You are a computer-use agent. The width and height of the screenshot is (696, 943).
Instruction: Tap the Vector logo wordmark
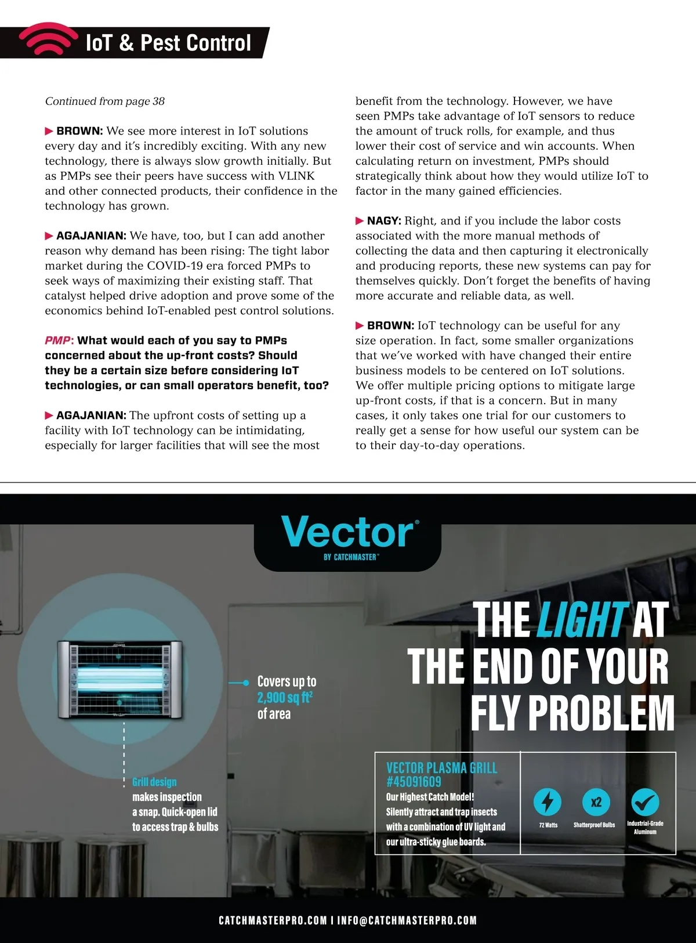coord(348,532)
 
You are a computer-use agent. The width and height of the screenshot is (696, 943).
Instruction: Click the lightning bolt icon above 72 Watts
coord(547,802)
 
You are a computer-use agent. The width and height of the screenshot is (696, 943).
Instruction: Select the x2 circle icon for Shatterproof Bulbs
coord(596,802)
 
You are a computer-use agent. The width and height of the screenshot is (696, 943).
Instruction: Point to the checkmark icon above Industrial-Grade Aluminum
coord(645,802)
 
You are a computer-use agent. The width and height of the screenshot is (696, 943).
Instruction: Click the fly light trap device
coord(121,680)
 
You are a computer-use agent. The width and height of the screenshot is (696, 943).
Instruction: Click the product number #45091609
coord(414,782)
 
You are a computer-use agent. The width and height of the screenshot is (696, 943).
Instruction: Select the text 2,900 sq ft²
coord(285,698)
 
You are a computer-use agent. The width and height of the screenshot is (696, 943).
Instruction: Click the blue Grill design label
coord(154,782)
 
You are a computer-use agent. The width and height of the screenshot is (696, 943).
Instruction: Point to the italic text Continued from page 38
coord(105,101)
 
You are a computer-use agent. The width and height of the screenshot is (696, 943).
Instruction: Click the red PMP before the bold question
coord(58,340)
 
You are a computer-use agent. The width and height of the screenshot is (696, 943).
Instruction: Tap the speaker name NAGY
coord(383,221)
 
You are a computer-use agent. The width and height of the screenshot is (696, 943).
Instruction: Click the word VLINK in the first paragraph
coord(296,176)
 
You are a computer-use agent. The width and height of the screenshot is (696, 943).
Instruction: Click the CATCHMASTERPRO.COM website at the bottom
coord(273,920)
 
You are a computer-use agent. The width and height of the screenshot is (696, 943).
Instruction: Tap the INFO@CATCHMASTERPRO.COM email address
coord(407,920)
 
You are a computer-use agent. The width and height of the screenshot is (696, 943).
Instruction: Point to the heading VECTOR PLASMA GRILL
coord(441,768)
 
